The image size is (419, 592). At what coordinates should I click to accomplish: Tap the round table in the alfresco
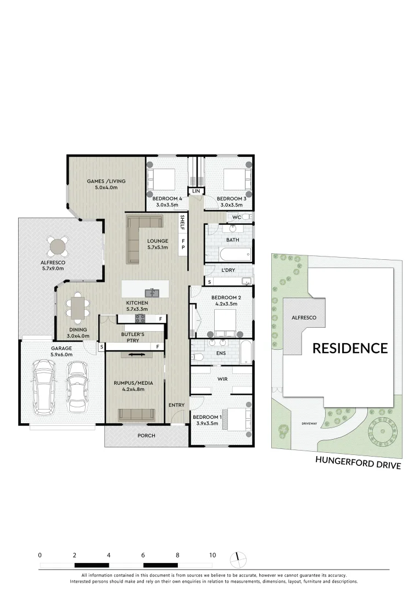coord(58,247)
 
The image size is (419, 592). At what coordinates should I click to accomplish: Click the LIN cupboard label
coord(196,191)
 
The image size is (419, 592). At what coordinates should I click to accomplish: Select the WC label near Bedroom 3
coord(236,218)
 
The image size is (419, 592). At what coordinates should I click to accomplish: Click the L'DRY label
coord(229,271)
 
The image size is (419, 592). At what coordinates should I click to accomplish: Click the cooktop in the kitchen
coord(141,318)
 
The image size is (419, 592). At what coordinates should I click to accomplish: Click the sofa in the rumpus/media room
coord(137,414)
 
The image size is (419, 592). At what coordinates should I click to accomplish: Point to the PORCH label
coord(146,436)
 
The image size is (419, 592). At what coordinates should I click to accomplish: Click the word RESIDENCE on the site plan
coord(350,348)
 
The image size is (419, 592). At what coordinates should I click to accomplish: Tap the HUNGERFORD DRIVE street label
coord(357,462)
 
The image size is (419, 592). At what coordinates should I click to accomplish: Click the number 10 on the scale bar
coord(212,555)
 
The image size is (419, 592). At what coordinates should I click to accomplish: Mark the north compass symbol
coord(238,559)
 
